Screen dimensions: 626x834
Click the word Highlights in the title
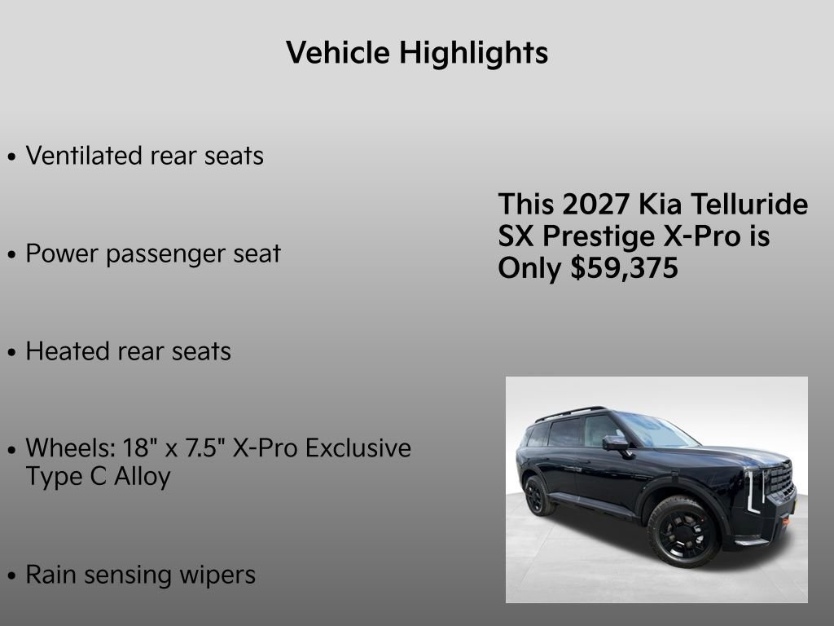473,54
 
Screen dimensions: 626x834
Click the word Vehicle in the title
338,53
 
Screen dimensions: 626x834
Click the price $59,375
625,268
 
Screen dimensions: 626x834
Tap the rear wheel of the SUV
538,495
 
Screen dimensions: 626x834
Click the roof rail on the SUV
570,412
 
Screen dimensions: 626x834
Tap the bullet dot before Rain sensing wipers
11,576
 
